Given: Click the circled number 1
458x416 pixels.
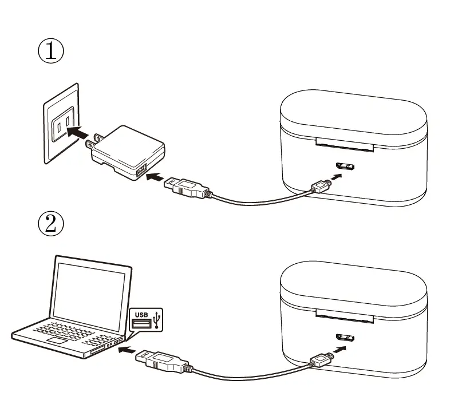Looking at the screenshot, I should click(x=51, y=51).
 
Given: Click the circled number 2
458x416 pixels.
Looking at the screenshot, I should click(x=51, y=223).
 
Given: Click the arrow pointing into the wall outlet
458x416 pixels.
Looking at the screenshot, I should click(x=79, y=132).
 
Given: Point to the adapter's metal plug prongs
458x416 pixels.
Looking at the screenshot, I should click(x=92, y=141).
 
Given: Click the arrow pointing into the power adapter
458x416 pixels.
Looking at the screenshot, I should click(x=155, y=179).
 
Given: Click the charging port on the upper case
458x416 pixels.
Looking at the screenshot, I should click(x=346, y=167).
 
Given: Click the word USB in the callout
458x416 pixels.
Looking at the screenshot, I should click(x=141, y=314).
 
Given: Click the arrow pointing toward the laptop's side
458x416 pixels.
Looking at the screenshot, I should click(x=127, y=348).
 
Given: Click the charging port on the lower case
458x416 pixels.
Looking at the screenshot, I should click(x=346, y=338).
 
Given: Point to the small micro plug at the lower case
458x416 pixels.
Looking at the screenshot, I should click(x=319, y=359).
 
